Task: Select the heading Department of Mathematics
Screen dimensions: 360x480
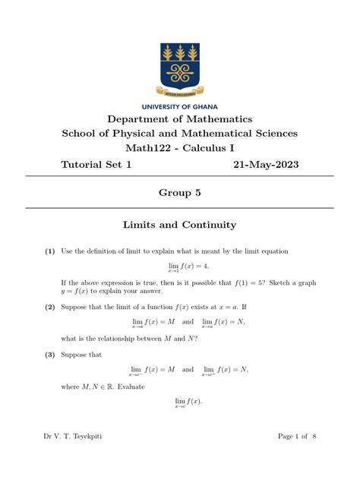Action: tap(179, 119)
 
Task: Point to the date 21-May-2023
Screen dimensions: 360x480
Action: tap(266, 164)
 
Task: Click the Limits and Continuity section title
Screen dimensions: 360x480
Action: tap(179, 225)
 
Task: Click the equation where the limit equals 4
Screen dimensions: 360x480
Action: tap(179, 267)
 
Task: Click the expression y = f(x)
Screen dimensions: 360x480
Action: tap(82, 290)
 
